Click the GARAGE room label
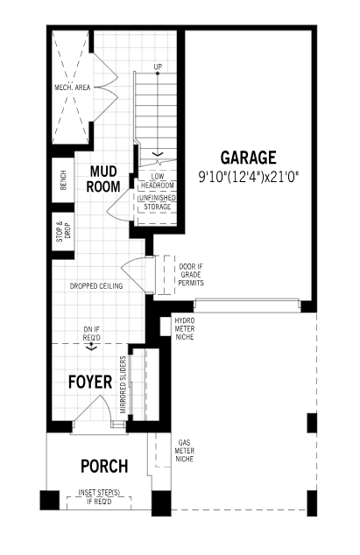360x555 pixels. tap(248, 158)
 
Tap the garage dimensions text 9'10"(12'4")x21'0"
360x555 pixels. tap(249, 176)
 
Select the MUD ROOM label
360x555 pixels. tap(103, 179)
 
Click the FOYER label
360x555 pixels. tap(90, 382)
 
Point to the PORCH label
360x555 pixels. tap(104, 467)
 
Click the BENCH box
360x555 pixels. tap(63, 179)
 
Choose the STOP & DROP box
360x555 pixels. tap(63, 231)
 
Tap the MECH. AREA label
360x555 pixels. tap(73, 88)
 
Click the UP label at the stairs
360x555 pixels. tap(158, 67)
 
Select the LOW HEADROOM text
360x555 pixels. tap(158, 181)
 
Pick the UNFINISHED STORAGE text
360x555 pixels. tap(158, 202)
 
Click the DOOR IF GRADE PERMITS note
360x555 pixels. tap(191, 275)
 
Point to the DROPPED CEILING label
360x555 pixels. tap(96, 286)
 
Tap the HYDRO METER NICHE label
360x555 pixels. tap(185, 329)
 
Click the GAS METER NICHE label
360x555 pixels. tap(185, 451)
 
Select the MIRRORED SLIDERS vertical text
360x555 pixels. tap(124, 385)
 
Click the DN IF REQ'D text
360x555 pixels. tap(91, 334)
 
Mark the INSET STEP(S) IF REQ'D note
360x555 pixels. tap(99, 497)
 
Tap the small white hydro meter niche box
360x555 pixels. tap(166, 327)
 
